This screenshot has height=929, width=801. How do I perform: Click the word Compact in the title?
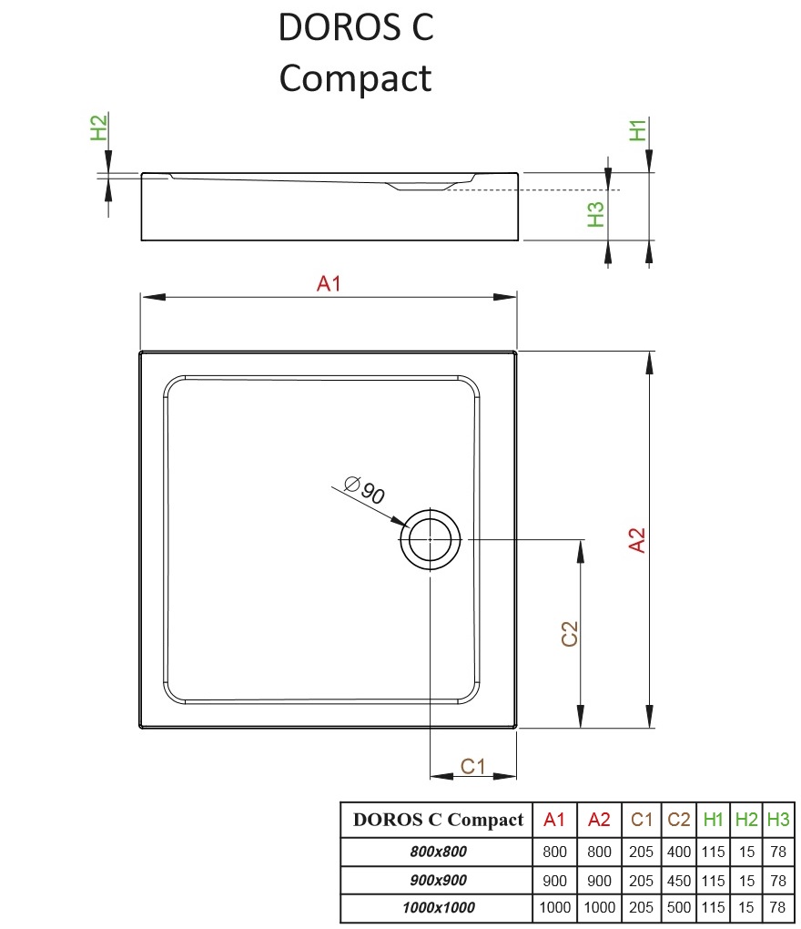tap(355, 78)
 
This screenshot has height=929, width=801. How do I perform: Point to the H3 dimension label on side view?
tap(596, 215)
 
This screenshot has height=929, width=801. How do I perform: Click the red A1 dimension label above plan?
tap(329, 284)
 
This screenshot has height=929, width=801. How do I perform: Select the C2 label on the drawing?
tap(570, 634)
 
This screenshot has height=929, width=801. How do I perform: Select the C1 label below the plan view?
tap(472, 767)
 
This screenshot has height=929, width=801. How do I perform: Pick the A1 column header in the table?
tap(554, 820)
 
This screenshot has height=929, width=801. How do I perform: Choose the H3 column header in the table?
tap(778, 820)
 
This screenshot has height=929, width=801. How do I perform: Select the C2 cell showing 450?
tap(679, 880)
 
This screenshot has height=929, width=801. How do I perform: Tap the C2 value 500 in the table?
tap(679, 907)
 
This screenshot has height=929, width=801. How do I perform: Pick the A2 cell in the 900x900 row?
tap(599, 880)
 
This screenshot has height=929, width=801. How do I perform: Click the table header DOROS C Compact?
tap(438, 820)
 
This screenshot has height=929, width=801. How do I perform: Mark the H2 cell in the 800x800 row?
tap(746, 852)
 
